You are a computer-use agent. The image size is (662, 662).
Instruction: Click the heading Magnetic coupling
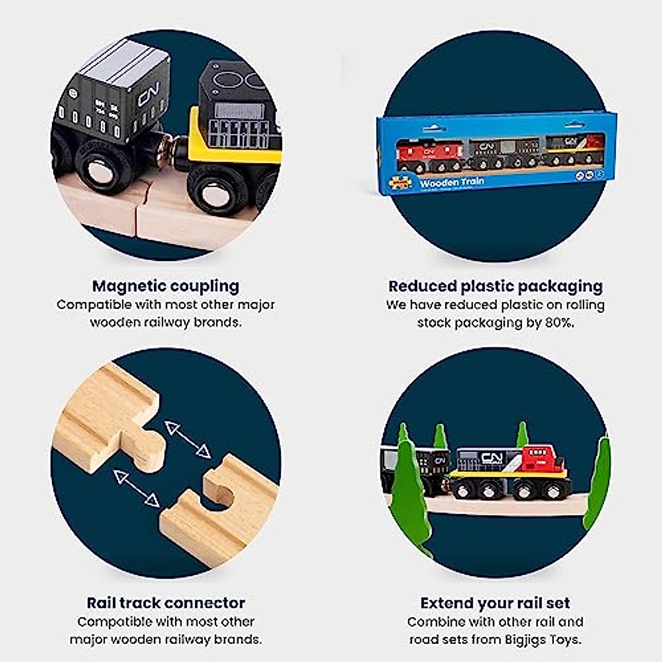165,286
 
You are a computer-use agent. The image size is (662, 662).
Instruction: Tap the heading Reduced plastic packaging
495,286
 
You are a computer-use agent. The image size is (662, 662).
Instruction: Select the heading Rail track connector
165,602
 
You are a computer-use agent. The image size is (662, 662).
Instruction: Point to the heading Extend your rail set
495,602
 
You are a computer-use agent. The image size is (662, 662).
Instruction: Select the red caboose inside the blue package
431,154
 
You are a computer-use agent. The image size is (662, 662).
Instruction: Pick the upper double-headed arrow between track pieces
188,440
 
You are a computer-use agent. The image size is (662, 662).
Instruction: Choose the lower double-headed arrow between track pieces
136,488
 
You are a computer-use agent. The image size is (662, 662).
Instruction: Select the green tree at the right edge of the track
599,480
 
